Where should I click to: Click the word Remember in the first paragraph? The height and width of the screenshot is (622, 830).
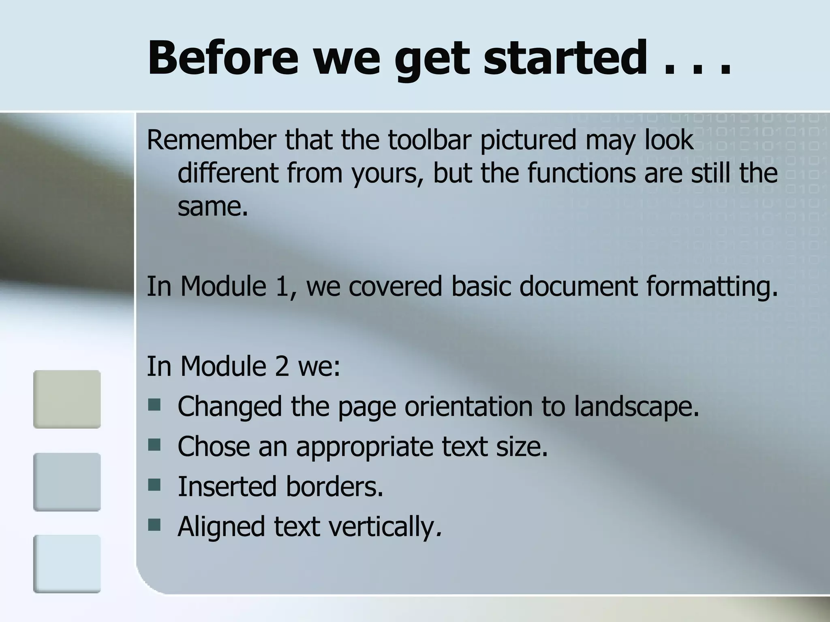pos(211,140)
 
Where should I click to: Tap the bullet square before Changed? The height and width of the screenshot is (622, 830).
pos(154,405)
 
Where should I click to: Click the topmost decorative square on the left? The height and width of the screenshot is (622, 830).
pos(67,399)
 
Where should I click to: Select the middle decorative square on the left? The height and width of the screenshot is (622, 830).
pos(67,482)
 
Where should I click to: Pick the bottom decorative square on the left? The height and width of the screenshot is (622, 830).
pos(67,564)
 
